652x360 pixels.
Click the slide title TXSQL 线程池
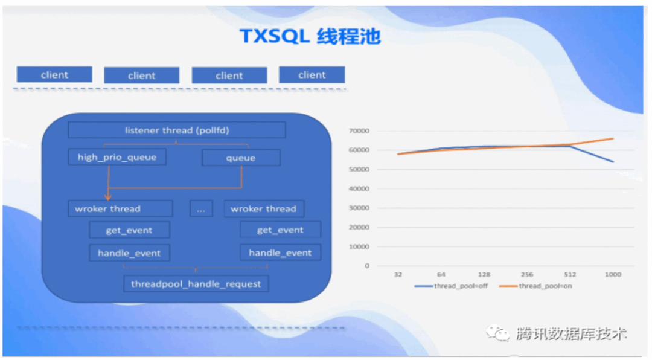pos(310,36)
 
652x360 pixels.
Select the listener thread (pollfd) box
pos(177,130)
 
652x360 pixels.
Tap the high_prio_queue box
pos(117,157)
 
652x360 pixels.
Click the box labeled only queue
pos(241,158)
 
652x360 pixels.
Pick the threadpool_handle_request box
pos(196,284)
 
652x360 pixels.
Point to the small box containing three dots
pos(201,209)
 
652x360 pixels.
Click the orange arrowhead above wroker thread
pos(108,196)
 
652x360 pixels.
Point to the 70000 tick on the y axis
pos(359,130)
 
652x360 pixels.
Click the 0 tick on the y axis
pos(367,266)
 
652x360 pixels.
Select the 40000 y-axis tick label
pos(359,188)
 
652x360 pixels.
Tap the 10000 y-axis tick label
pos(359,246)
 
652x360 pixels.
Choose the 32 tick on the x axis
pos(398,275)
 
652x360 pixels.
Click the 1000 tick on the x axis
pos(613,275)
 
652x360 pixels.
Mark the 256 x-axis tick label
pos(527,275)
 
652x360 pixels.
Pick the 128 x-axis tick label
pos(484,275)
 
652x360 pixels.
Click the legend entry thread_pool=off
pos(451,286)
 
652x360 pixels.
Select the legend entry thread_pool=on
pos(536,286)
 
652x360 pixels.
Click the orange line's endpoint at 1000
pos(613,138)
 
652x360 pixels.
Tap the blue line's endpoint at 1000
pos(613,162)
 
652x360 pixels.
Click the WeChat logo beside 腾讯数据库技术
pos(497,333)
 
